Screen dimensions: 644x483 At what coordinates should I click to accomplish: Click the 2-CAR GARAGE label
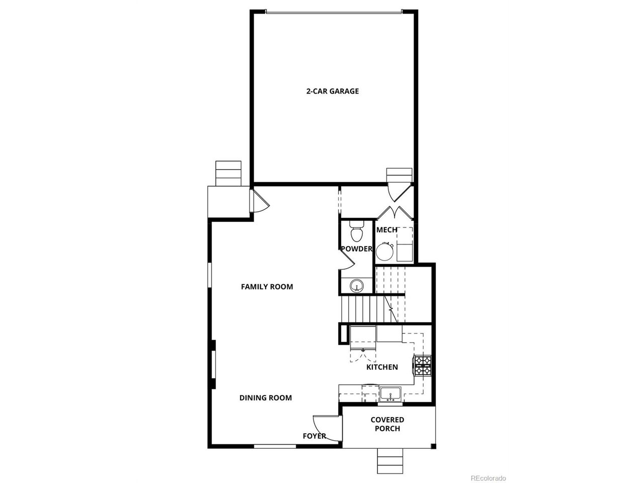333,91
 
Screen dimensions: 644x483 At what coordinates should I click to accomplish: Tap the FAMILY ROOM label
267,287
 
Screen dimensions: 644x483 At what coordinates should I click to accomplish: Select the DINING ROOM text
266,398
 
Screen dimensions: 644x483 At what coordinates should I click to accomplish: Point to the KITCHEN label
382,367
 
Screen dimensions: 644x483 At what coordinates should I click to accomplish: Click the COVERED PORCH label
387,424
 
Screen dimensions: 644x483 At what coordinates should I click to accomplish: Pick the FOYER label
314,436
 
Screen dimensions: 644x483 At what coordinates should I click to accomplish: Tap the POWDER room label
357,249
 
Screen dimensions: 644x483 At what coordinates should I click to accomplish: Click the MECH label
387,230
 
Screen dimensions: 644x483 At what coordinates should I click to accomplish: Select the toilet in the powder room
357,231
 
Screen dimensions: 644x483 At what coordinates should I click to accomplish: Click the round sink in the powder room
357,285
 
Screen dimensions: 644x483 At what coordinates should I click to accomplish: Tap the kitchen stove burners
423,365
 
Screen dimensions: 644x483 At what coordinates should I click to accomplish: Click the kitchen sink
390,394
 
